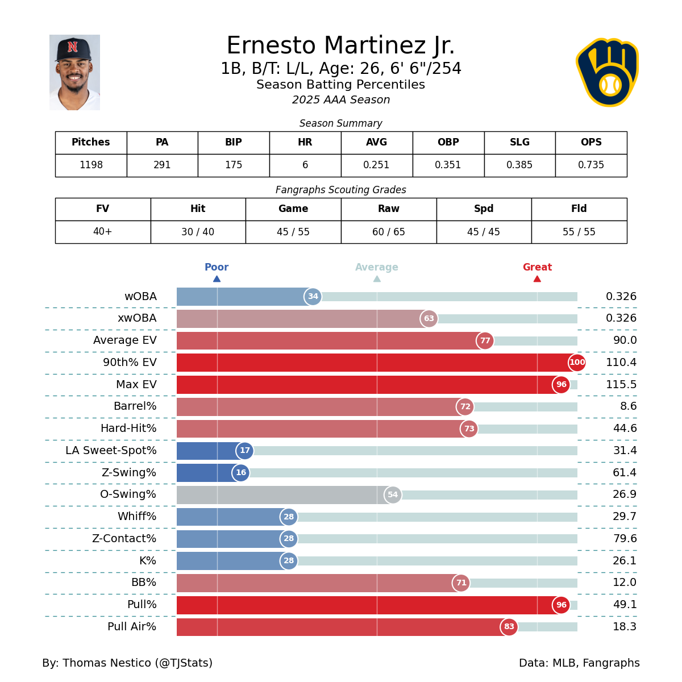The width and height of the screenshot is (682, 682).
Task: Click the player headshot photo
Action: click(x=74, y=72)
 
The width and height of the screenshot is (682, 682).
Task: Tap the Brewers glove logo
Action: click(x=607, y=72)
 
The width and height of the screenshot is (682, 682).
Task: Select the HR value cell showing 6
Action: click(x=305, y=165)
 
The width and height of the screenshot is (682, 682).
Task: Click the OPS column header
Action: click(x=591, y=143)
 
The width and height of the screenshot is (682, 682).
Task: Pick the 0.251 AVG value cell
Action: click(x=376, y=165)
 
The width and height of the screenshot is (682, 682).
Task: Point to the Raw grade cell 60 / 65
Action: click(x=389, y=232)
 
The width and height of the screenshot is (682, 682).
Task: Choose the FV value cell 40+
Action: click(x=102, y=232)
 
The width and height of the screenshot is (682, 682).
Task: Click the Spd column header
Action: click(x=484, y=209)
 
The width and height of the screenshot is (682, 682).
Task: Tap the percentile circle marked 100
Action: click(x=577, y=363)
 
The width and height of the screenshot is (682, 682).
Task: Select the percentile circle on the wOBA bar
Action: click(x=313, y=297)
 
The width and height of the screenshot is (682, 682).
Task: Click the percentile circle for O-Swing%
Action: click(x=393, y=495)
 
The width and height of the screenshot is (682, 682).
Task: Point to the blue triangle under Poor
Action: click(x=217, y=278)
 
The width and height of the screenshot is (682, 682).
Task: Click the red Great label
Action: click(x=537, y=267)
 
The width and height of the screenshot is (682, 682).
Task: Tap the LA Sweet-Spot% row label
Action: click(x=111, y=451)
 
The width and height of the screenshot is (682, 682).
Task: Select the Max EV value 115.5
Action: click(x=621, y=385)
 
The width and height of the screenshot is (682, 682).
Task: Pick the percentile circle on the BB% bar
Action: click(x=461, y=583)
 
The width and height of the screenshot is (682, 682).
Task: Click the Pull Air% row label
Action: click(x=132, y=627)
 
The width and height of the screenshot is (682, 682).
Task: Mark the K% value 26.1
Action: click(x=625, y=561)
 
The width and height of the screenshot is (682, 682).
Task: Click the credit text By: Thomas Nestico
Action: click(x=127, y=663)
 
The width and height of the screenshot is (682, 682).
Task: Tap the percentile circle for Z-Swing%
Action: click(x=241, y=473)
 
